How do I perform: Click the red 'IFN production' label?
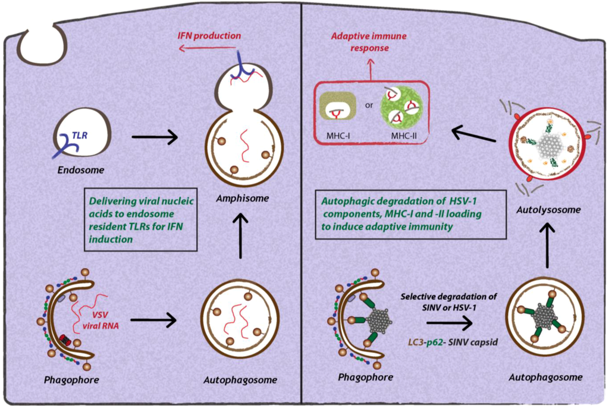(x=210, y=36)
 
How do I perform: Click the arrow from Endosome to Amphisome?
(x=155, y=138)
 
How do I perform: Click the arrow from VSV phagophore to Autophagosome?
(x=153, y=320)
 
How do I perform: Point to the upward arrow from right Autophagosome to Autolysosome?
(x=547, y=244)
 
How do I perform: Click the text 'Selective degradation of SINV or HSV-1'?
(x=440, y=301)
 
